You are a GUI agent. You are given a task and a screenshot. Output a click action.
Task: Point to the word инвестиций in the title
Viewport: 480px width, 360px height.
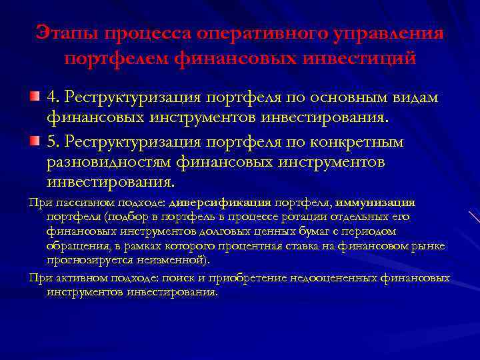point(357,59)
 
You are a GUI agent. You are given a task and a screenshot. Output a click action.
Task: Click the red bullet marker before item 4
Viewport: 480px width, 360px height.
point(34,98)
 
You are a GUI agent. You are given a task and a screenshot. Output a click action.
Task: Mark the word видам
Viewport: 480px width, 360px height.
point(417,98)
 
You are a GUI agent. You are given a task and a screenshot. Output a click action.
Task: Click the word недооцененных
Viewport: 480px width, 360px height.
point(314,278)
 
